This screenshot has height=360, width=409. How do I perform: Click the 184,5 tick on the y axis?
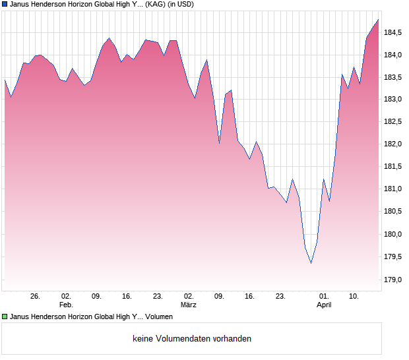click(394, 32)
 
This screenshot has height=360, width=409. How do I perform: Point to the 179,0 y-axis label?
click(394, 280)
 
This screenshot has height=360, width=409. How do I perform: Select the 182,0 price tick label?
click(394, 144)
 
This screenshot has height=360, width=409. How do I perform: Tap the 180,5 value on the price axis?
click(394, 212)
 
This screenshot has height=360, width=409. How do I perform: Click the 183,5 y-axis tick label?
click(394, 77)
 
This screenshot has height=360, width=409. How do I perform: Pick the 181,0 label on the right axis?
click(394, 189)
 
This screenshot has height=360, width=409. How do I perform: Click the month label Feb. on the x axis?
click(66, 305)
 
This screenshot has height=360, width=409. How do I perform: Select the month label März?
click(189, 305)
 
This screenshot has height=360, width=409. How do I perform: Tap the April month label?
click(324, 305)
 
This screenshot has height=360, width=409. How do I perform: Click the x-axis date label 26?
click(36, 297)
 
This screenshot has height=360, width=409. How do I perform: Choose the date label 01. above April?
click(324, 297)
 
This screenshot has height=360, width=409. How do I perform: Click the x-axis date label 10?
click(354, 297)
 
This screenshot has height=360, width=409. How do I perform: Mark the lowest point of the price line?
click(311, 263)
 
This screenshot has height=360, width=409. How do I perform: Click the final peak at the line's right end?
click(379, 20)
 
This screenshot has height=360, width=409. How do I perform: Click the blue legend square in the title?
click(5, 4)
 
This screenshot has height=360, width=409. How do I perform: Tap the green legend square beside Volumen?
click(5, 317)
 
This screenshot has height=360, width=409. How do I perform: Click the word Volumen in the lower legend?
click(159, 317)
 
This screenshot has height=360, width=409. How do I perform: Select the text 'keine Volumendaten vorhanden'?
click(192, 339)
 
